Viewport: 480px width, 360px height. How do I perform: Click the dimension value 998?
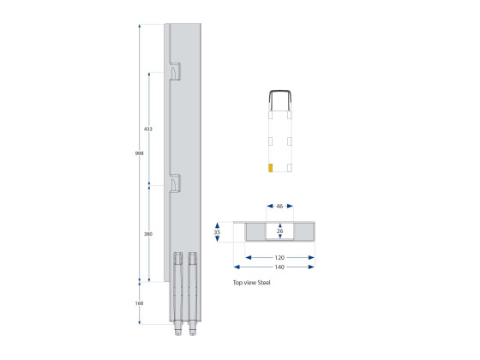139,153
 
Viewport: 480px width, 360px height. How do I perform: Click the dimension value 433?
148,129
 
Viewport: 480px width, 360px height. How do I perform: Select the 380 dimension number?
148,234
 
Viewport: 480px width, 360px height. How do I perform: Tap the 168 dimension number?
139,303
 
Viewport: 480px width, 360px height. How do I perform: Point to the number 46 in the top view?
280,207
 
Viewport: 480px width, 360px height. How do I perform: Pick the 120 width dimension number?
280,256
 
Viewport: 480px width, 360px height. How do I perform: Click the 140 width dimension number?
280,267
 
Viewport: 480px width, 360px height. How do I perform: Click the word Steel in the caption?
262,282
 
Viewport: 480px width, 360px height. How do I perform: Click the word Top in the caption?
237,282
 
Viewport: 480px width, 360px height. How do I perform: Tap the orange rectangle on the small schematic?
270,167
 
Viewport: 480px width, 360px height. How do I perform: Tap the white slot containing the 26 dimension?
280,231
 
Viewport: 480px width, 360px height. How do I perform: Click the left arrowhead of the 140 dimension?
249,267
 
